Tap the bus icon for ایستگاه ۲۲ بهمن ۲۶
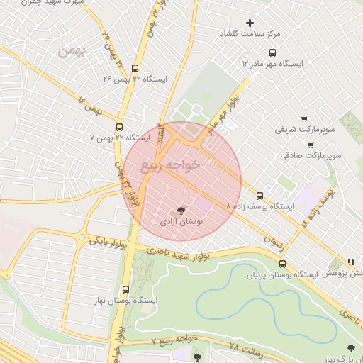[135, 68]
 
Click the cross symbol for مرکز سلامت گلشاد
[250, 23]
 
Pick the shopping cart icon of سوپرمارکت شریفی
[304, 119]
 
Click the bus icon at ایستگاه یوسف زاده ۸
[259, 196]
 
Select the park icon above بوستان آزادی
[179, 211]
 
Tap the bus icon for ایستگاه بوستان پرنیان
[283, 264]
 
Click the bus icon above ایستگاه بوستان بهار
[125, 289]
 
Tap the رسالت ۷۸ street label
[245, 347]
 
